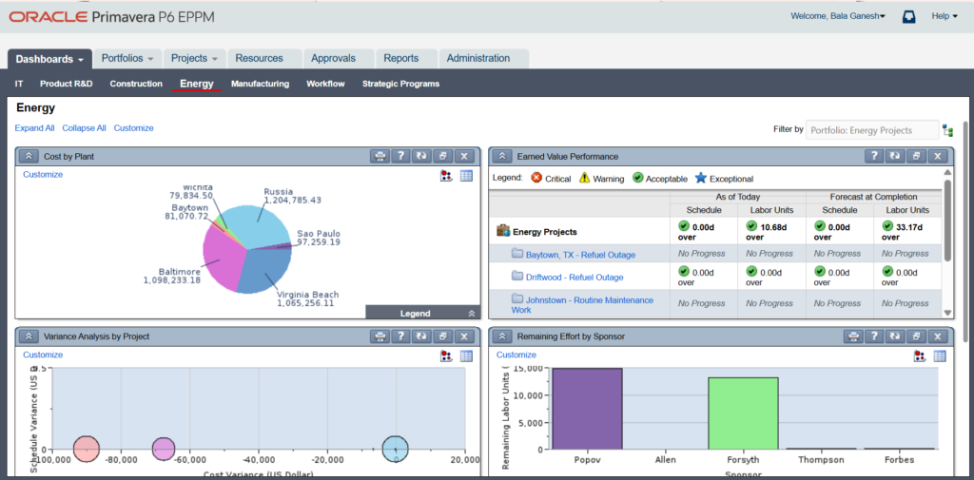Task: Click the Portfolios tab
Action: [127, 59]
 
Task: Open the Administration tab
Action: [477, 59]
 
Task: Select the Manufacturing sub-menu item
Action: [260, 84]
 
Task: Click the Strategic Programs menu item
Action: [400, 84]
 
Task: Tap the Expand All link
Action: [34, 128]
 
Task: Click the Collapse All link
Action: [84, 128]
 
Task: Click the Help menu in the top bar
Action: [944, 16]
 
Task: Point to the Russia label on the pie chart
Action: [279, 190]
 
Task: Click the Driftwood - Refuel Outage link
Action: [575, 278]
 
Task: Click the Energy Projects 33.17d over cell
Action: [908, 231]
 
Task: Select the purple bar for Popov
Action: [587, 409]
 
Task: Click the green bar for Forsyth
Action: [743, 413]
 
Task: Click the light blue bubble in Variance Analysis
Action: [395, 449]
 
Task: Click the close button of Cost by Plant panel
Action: [463, 156]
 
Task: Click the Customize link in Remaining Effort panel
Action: [516, 355]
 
